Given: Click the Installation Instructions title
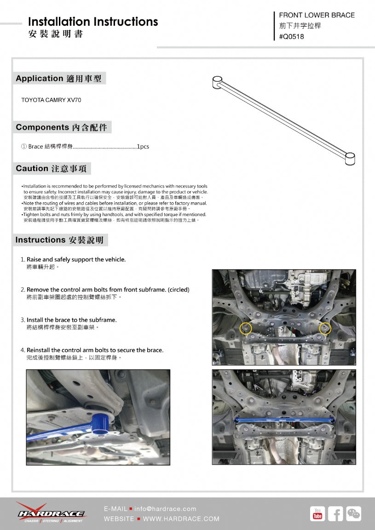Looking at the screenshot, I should (x=93, y=22).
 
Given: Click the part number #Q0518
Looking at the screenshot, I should (x=292, y=37).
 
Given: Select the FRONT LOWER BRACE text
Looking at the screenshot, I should (x=317, y=15).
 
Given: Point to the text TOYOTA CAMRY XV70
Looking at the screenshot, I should (x=51, y=100).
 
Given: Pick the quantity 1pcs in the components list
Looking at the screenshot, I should (x=143, y=147).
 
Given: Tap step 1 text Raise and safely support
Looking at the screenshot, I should (x=76, y=259).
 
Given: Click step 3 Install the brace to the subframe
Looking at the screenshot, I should (x=71, y=320).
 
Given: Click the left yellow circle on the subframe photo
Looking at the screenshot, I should (x=246, y=328).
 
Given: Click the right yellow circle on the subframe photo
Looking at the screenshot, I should (x=325, y=328).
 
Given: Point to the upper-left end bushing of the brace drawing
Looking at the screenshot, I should (x=218, y=82).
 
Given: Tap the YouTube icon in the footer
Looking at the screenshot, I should (x=317, y=513).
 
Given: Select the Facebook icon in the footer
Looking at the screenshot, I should (x=335, y=513).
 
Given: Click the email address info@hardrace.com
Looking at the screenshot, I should (x=165, y=509).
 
